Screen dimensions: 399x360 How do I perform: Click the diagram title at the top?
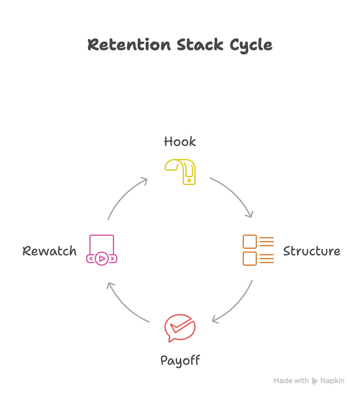pos(180,45)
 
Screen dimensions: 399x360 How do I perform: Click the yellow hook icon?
pos(182,172)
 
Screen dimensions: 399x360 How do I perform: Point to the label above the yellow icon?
pos(180,142)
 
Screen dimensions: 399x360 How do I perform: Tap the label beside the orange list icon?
pos(311,251)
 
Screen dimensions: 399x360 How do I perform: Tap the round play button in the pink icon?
pos(102,259)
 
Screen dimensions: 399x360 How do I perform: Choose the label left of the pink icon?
pos(50,251)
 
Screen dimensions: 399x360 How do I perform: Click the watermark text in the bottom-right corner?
pos(308,381)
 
